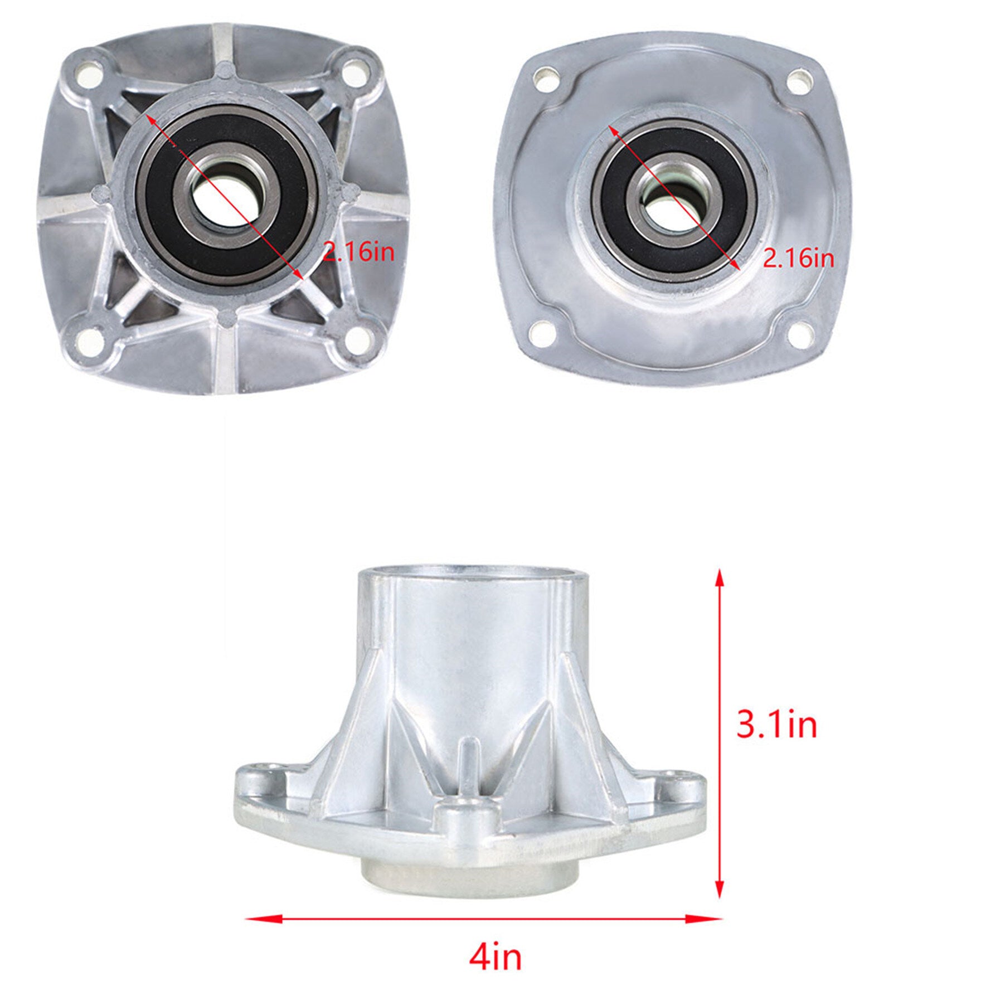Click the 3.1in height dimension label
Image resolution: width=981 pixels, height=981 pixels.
point(777,725)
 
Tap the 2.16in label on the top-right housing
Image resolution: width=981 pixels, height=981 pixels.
point(799,258)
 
